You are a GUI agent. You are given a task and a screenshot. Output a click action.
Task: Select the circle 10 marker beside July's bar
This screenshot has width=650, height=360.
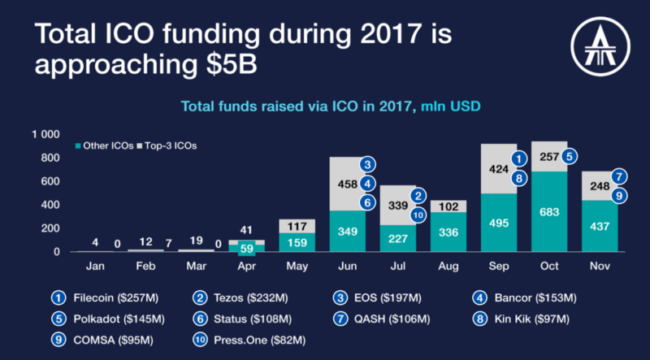[x=418, y=215]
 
